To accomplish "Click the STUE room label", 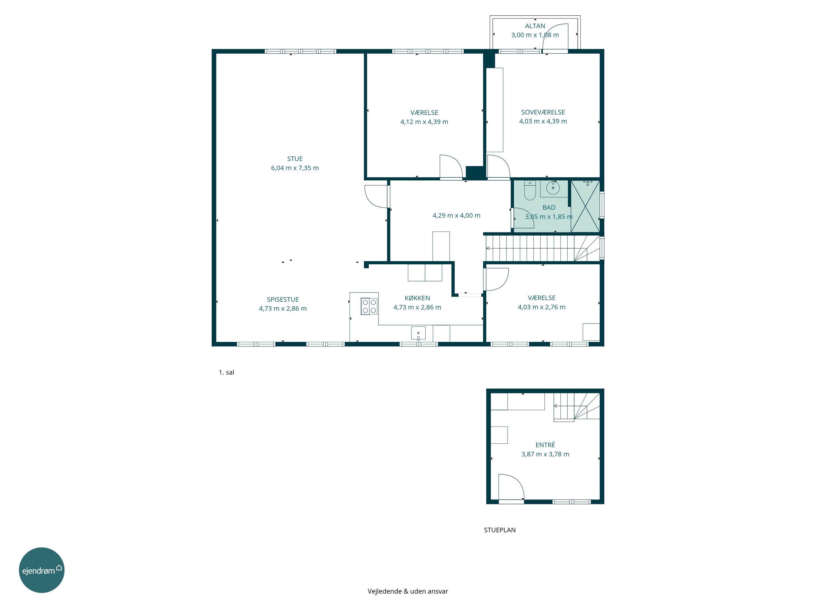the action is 295,159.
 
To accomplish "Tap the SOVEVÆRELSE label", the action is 543,112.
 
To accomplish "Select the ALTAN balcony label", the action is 535,26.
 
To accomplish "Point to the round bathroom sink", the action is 553,188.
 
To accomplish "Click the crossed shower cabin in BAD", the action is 585,206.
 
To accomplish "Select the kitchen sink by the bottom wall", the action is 418,333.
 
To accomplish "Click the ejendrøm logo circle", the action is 42,570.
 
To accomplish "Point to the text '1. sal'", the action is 227,372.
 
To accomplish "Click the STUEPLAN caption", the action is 500,530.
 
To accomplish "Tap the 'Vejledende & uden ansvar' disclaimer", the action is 408,591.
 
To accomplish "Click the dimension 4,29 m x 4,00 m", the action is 456,215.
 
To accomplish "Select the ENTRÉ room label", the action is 545,445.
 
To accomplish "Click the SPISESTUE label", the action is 283,299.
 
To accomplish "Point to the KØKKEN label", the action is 417,298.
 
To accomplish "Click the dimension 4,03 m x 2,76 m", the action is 542,307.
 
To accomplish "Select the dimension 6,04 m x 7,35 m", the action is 295,168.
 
